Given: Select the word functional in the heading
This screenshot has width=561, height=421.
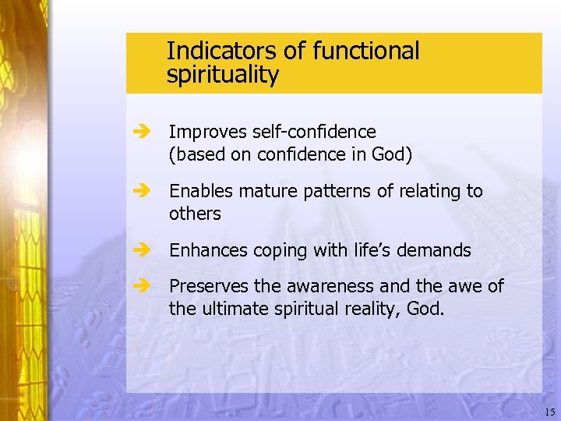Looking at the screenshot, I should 365,51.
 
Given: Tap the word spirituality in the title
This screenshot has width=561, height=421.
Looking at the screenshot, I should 222,76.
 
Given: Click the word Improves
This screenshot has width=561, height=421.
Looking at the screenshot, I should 206,133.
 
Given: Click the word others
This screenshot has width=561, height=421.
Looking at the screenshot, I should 195,214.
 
